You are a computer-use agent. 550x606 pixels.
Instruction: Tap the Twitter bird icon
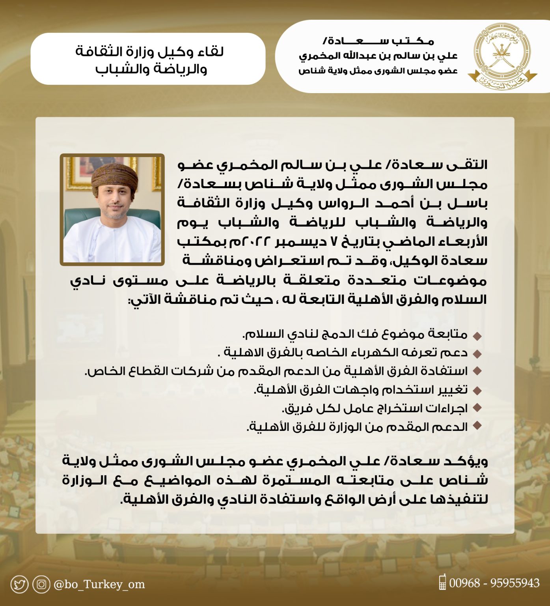tap(19, 584)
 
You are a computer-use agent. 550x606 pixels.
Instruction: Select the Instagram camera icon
tap(41, 584)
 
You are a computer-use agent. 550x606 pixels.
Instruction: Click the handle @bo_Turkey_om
tap(99, 584)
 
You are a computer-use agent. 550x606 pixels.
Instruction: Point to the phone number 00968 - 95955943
tap(494, 583)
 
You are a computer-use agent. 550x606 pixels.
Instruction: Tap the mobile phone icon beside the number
tap(442, 582)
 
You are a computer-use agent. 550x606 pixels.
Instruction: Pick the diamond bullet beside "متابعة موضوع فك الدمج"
tap(477, 336)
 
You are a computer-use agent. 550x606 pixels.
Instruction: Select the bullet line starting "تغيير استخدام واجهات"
tap(360, 390)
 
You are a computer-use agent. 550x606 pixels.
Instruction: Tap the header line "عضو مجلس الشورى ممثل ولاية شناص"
tap(377, 71)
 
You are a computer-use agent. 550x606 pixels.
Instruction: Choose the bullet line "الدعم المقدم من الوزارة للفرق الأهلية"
tap(357, 427)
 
